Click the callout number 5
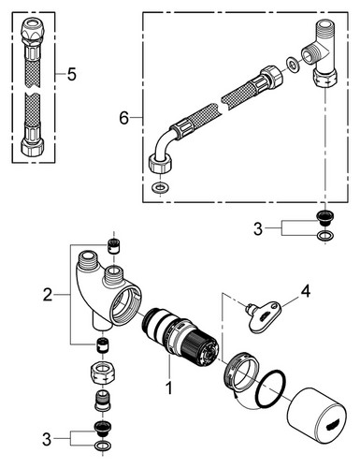(x=72, y=74)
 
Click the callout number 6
(x=124, y=118)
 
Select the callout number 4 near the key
(x=306, y=292)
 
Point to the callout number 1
(x=169, y=388)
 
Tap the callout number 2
(x=48, y=295)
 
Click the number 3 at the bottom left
(x=47, y=440)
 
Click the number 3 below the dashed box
(x=258, y=229)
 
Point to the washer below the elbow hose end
(x=160, y=187)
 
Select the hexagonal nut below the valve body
(x=103, y=373)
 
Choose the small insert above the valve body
(x=113, y=246)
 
